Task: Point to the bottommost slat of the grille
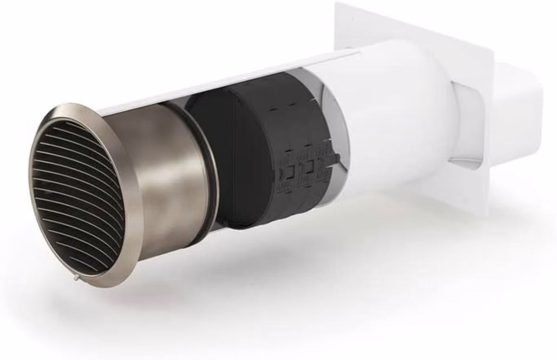(x=88, y=267)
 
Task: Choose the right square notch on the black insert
(x=308, y=168)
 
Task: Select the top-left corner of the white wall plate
(x=338, y=6)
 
